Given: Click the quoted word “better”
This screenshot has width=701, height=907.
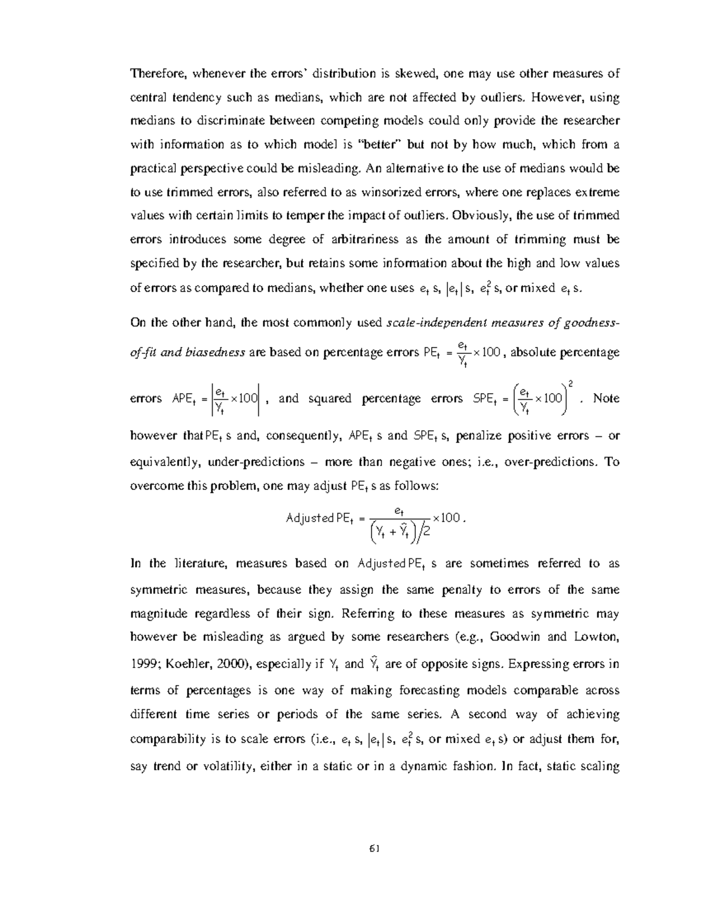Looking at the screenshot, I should point(386,144).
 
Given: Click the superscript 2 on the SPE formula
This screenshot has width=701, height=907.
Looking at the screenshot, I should point(570,384).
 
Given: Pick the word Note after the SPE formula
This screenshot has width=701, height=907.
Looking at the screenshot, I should point(606,398).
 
